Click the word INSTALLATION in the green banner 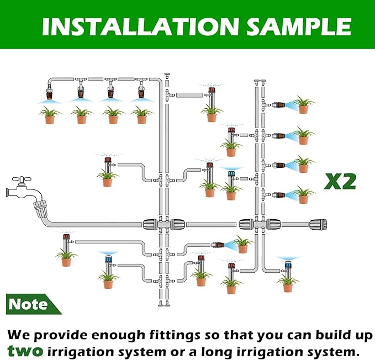[x=132, y=26]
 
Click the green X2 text [x=340, y=181]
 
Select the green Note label [x=29, y=304]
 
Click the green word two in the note [x=25, y=351]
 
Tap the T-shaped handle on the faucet [x=23, y=180]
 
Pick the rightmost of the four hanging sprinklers [x=141, y=92]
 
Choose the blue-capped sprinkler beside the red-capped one [x=231, y=178]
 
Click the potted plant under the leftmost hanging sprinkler [x=50, y=115]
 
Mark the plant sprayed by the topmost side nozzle [x=303, y=105]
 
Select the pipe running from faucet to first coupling [x=94, y=224]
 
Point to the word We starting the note [x=19, y=335]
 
